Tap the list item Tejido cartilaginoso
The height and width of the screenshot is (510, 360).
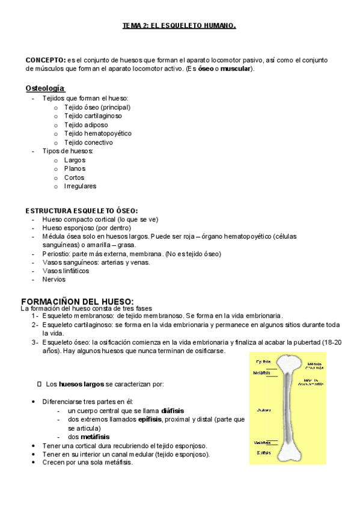coord(93,116)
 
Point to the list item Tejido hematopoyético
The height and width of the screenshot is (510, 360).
coord(98,134)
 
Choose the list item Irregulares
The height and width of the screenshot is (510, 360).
coord(81,186)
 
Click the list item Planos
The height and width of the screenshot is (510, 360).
coord(75,169)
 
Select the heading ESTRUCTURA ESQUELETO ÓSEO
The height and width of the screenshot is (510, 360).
coord(82,211)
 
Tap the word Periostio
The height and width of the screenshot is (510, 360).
coord(55,254)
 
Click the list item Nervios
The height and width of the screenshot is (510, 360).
coord(54,280)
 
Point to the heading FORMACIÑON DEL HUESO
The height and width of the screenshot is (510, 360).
coord(77,301)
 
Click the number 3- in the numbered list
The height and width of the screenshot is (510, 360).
coord(35,342)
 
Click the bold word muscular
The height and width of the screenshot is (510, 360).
coord(236,70)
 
